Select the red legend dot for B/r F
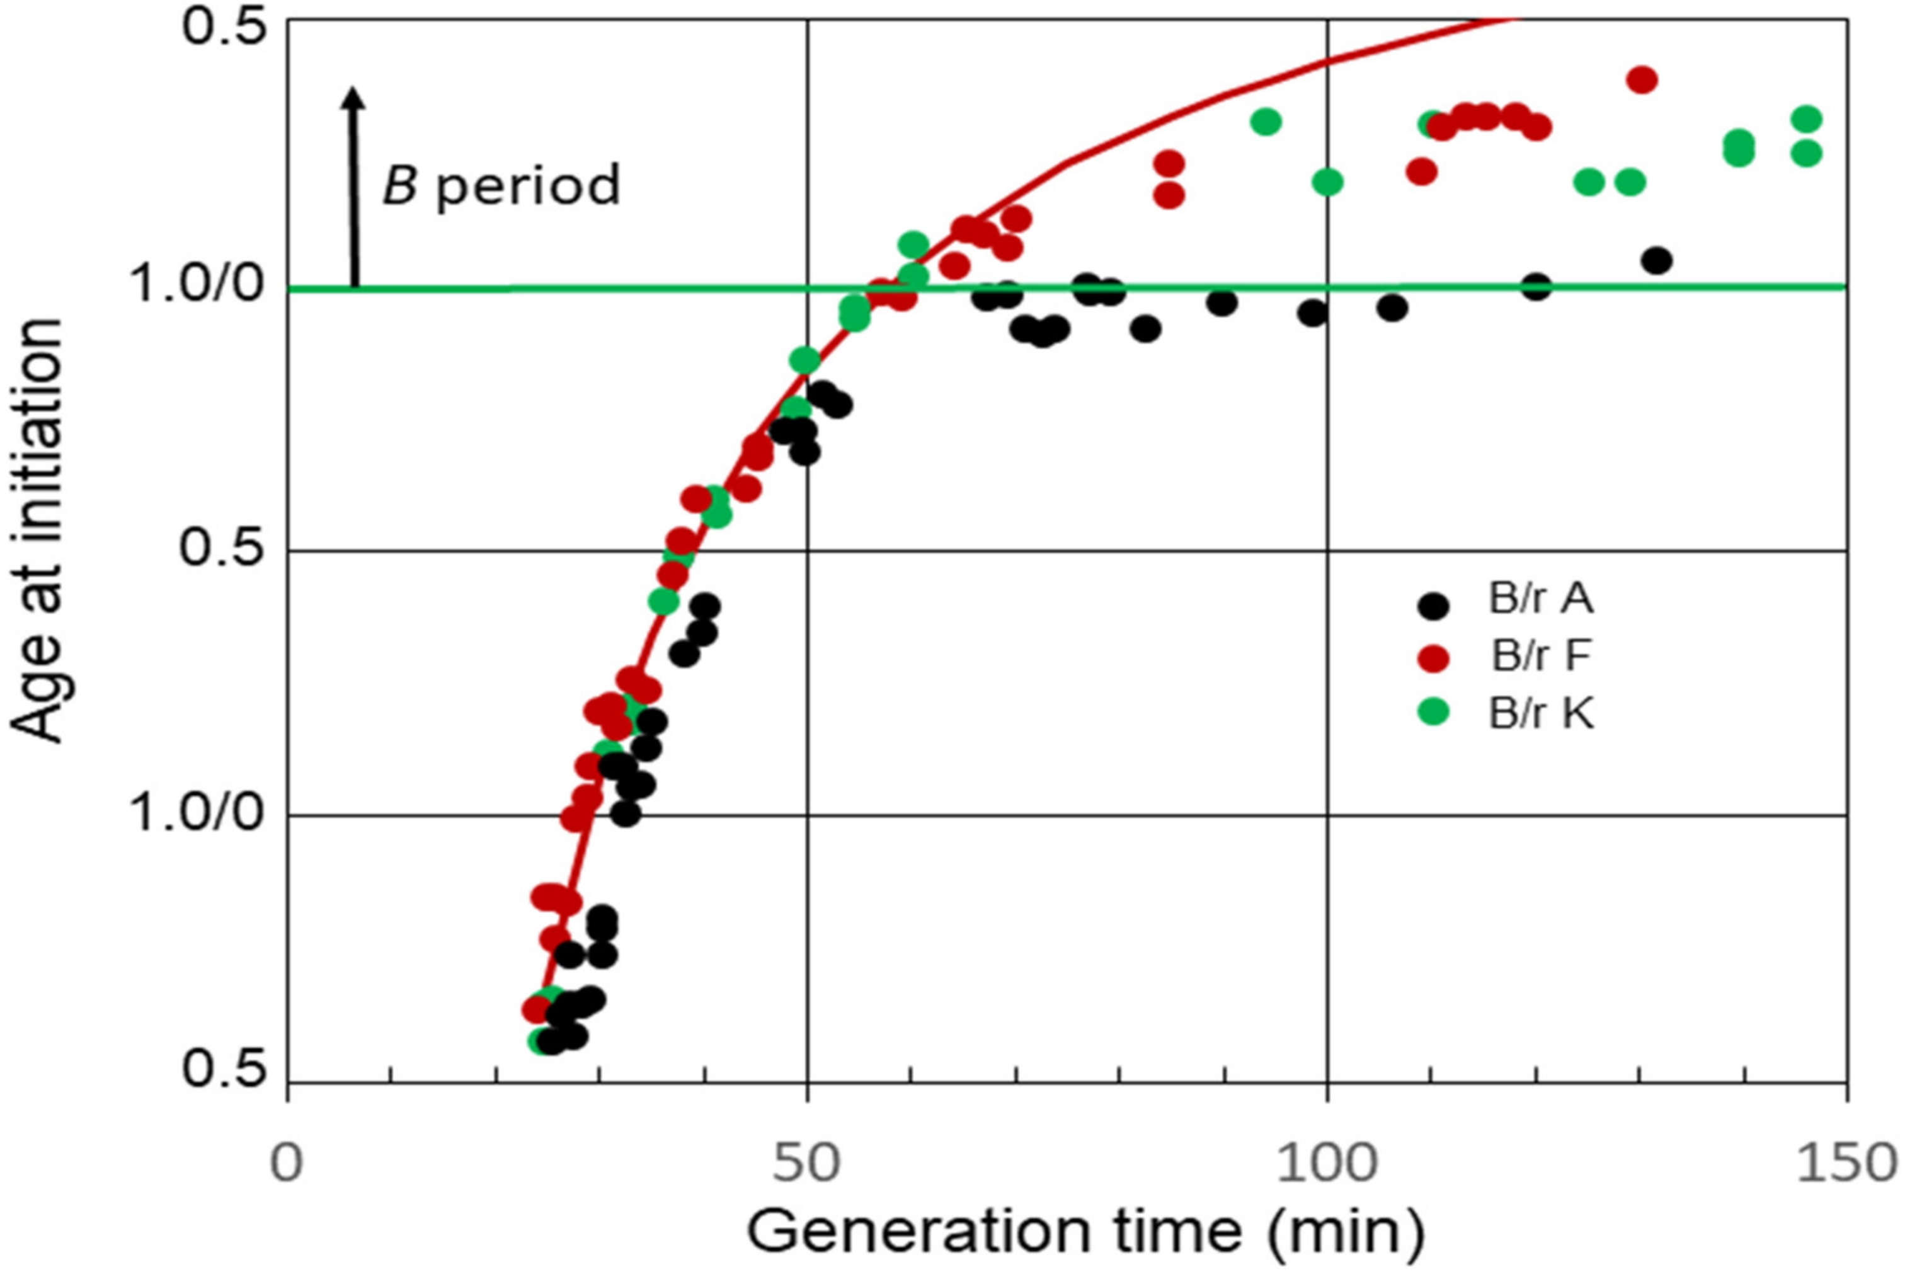click(x=1433, y=659)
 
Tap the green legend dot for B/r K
click(x=1433, y=713)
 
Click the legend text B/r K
click(x=1541, y=714)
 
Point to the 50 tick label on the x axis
click(x=806, y=1164)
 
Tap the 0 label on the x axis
click(x=287, y=1164)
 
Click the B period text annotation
click(x=501, y=185)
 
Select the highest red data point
click(x=1642, y=79)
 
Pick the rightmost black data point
click(x=1656, y=261)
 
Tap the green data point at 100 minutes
click(x=1327, y=181)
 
